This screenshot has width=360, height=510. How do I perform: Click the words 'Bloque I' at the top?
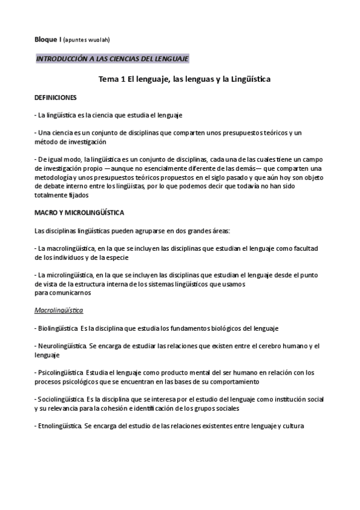pyautogui.click(x=47, y=40)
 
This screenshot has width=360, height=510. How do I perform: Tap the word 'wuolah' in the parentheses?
pyautogui.click(x=98, y=40)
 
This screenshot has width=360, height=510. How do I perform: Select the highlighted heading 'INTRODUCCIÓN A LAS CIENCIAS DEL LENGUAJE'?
pyautogui.click(x=112, y=59)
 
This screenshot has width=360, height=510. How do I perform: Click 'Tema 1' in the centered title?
pyautogui.click(x=112, y=79)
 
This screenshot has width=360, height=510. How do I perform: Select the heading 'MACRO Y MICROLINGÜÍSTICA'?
pyautogui.click(x=79, y=213)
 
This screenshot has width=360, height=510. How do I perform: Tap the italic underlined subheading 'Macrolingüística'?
pyautogui.click(x=58, y=310)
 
